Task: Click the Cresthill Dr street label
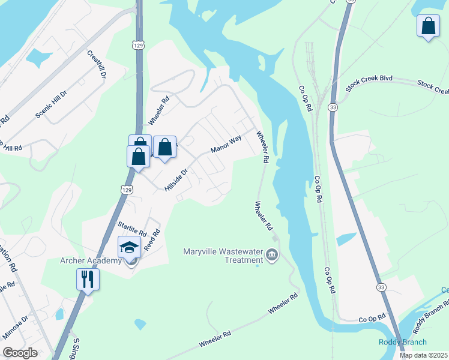tap(97, 65)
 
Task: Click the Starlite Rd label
tap(132, 227)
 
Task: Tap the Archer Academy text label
tap(91, 260)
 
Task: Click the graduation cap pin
tap(130, 247)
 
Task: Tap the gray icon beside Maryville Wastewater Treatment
tap(272, 256)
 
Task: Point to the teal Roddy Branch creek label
tap(402, 342)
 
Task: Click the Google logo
tap(20, 353)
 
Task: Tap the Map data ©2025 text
tap(424, 355)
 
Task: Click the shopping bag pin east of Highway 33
tap(427, 26)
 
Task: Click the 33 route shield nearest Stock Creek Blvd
tap(332, 107)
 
